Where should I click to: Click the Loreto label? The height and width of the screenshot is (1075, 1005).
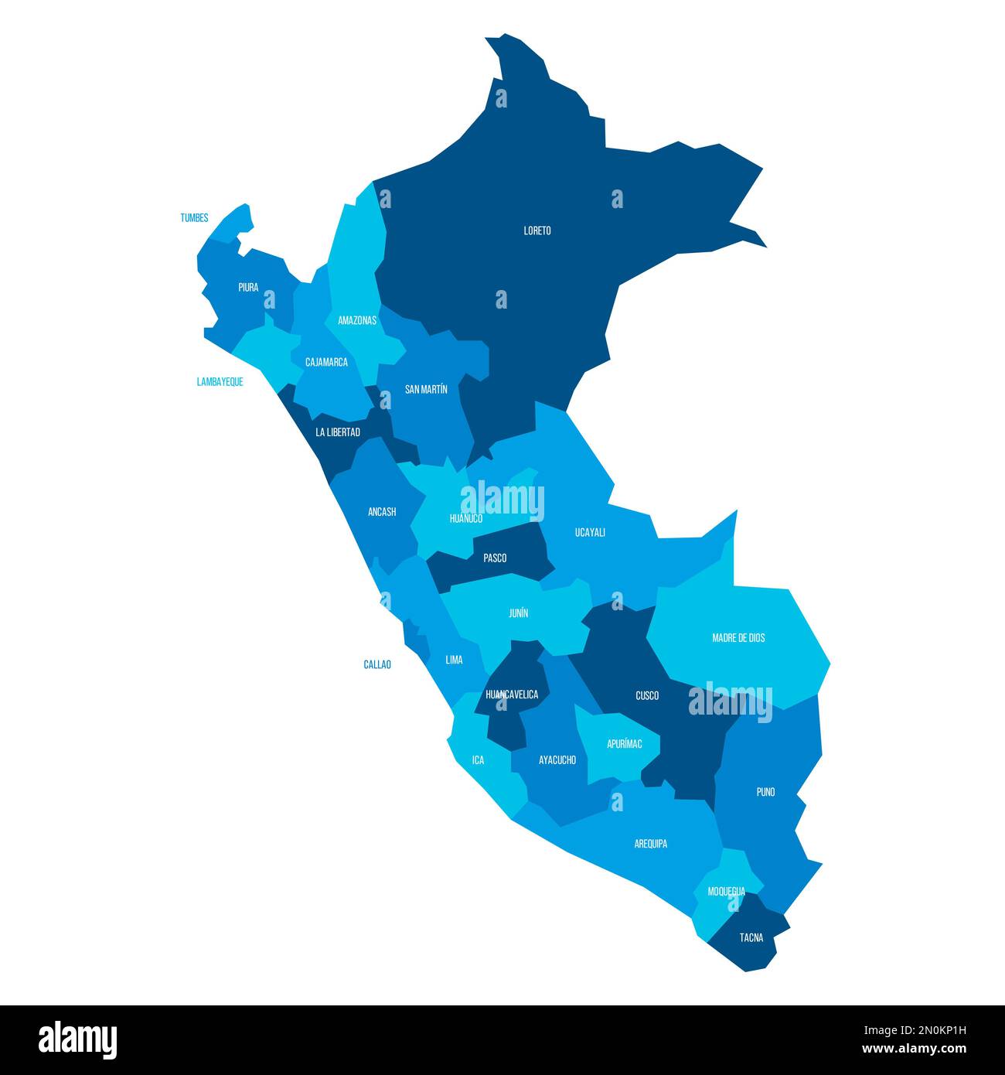click(x=537, y=230)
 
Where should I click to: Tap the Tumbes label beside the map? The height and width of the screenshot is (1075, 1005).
click(x=194, y=218)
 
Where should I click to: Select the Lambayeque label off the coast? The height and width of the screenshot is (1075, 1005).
click(x=220, y=382)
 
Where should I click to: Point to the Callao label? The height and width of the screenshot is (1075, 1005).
click(x=377, y=664)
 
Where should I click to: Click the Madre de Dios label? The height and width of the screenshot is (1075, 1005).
click(x=738, y=638)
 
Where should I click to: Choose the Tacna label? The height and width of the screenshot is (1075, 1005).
click(x=751, y=938)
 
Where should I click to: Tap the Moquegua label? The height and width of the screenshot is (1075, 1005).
click(x=727, y=892)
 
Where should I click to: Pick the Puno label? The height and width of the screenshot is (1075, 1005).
click(x=765, y=792)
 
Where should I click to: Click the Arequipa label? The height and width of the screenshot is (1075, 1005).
click(x=650, y=844)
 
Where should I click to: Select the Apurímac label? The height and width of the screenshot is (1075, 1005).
click(x=624, y=744)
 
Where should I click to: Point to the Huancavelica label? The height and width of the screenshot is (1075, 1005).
click(x=512, y=694)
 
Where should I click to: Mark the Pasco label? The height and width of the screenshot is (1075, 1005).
click(x=495, y=558)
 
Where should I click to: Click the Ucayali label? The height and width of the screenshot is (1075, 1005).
click(x=590, y=532)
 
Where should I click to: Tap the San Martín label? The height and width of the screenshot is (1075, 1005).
click(x=426, y=390)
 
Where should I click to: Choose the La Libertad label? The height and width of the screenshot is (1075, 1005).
click(x=338, y=432)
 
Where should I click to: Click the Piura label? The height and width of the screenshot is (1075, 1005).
click(x=248, y=288)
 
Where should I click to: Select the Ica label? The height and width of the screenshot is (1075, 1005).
click(x=478, y=760)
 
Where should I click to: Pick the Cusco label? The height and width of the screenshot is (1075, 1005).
click(x=647, y=696)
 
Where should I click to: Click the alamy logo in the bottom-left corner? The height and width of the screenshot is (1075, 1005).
click(x=77, y=1040)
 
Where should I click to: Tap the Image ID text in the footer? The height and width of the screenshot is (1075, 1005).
click(x=914, y=1029)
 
